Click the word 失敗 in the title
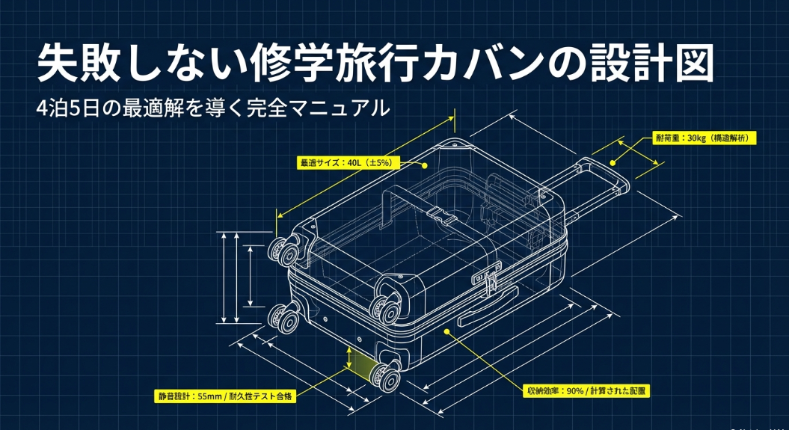(84, 65)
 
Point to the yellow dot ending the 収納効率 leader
(447, 329)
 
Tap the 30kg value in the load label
(696, 138)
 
